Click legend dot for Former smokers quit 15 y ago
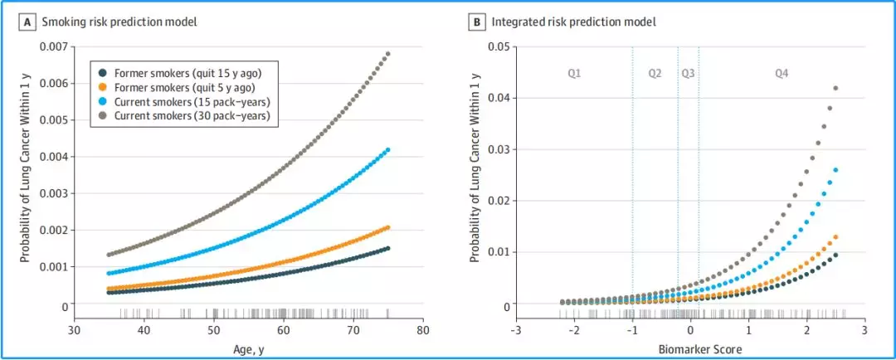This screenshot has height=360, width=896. tap(102, 72)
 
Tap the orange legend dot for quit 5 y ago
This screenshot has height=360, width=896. tap(102, 87)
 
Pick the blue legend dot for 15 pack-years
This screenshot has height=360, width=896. tap(102, 101)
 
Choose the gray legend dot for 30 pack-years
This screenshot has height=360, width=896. tap(102, 115)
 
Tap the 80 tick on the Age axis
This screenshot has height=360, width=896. tap(424, 330)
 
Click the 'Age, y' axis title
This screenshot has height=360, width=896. tap(248, 347)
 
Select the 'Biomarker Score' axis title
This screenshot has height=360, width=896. tap(690, 347)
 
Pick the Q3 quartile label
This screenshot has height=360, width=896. tap(688, 74)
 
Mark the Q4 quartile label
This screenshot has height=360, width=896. tap(782, 74)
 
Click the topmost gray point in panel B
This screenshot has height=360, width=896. tap(835, 88)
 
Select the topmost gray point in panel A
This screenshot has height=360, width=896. tap(387, 54)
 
